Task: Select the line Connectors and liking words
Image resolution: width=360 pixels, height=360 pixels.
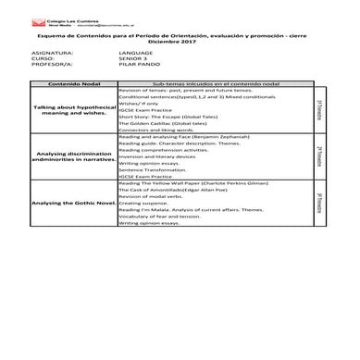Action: (x=153, y=130)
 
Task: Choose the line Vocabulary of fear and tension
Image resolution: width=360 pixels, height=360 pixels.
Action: (x=158, y=217)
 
